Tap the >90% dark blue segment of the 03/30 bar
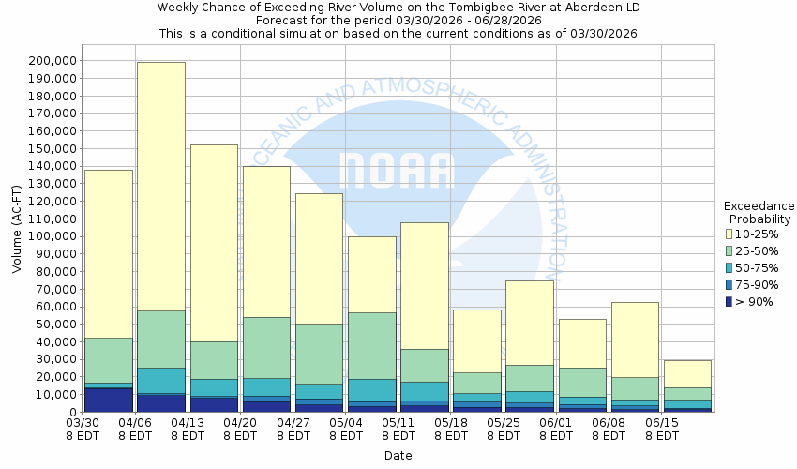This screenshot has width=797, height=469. coord(109,400)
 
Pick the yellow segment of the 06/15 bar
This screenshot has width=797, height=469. coord(687,373)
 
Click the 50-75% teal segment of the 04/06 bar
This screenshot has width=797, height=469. coord(161,380)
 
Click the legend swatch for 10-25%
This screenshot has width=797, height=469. coord(729,234)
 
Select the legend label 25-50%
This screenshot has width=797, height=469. coord(756,250)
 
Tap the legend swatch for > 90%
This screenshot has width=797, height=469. coord(729,301)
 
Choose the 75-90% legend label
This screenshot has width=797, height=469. coord(756,284)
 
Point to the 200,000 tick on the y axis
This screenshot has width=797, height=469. coord(48,61)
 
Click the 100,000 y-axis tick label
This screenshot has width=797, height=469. coord(48,236)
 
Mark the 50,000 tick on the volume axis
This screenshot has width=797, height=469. coord(52,325)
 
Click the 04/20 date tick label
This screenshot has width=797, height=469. coord(240,430)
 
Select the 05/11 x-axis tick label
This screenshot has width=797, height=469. coord(398,430)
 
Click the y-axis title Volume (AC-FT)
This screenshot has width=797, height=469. coord(17,236)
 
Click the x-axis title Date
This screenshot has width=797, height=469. coord(398,456)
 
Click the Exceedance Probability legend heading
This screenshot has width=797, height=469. coord(759,212)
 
